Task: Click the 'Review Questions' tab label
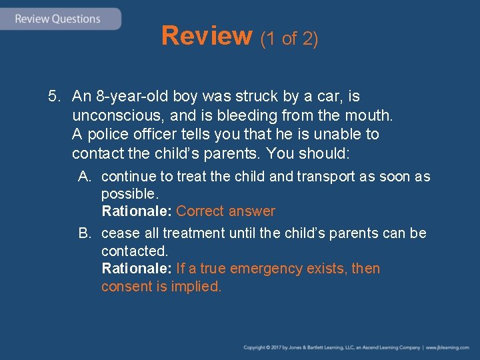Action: coord(57,19)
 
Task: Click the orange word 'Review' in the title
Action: coord(206,36)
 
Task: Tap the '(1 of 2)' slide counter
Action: coord(289,39)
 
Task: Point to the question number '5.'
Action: coord(55,97)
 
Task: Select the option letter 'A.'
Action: coord(85,177)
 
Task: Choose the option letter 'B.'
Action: coord(85,233)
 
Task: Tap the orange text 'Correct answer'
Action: coord(225,211)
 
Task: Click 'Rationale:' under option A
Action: coord(137,211)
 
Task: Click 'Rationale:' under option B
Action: coord(137,269)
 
